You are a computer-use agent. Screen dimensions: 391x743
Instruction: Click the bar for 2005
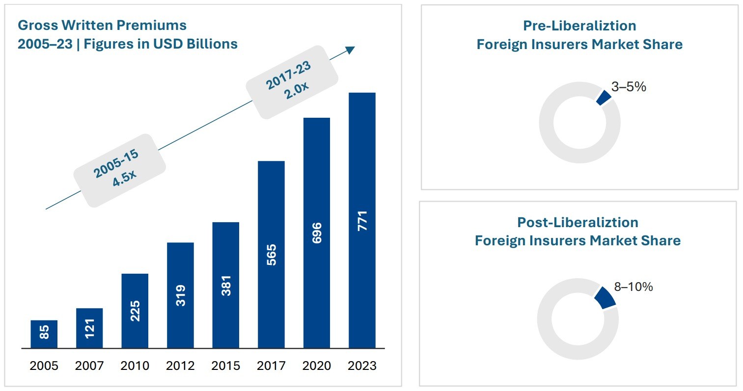coord(44,334)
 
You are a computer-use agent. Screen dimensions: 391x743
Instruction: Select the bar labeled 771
coord(362,220)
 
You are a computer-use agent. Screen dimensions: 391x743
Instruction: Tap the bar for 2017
coord(271,255)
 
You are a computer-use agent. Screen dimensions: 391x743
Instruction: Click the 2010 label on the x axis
coord(135,366)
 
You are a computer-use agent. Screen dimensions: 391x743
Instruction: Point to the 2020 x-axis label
coord(317,366)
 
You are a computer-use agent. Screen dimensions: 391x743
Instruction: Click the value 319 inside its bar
coord(180,295)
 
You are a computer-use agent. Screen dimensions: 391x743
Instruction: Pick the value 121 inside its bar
coord(89,328)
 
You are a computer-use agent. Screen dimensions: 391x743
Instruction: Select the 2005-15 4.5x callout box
coord(119,170)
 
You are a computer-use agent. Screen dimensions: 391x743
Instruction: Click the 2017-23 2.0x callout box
coord(292,82)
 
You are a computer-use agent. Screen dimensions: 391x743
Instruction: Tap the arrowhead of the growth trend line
coord(350,49)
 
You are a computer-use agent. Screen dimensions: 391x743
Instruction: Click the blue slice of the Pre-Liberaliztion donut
coord(604,97)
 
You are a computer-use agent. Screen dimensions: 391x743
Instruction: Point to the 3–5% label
coord(629,87)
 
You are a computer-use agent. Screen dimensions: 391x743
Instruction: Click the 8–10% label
coord(633,287)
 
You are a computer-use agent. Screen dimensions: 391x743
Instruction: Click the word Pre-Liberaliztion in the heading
coord(579,26)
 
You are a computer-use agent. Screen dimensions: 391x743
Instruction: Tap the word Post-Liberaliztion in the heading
coord(578,222)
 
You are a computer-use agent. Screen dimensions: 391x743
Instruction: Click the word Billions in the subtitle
coord(212,44)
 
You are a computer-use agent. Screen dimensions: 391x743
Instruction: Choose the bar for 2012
coord(180,295)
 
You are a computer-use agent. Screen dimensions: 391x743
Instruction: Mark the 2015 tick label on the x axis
coord(226,366)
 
